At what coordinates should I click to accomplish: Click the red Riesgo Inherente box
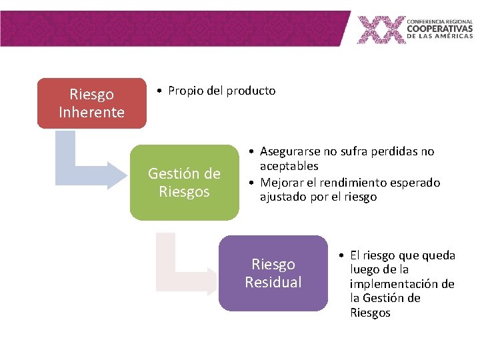click(91, 103)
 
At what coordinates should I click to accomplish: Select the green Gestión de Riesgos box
click(184, 183)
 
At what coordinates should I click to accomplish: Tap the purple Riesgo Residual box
click(273, 273)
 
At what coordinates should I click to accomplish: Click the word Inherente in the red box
click(91, 112)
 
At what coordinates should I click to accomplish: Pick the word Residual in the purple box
click(273, 282)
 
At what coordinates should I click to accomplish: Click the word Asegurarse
click(289, 151)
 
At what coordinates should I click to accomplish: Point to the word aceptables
click(289, 166)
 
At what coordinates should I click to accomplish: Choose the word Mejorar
click(281, 182)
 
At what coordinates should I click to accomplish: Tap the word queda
click(440, 255)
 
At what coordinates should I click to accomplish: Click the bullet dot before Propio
click(157, 91)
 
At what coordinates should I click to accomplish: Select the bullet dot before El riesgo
click(340, 255)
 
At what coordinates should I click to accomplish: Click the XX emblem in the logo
click(381, 30)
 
